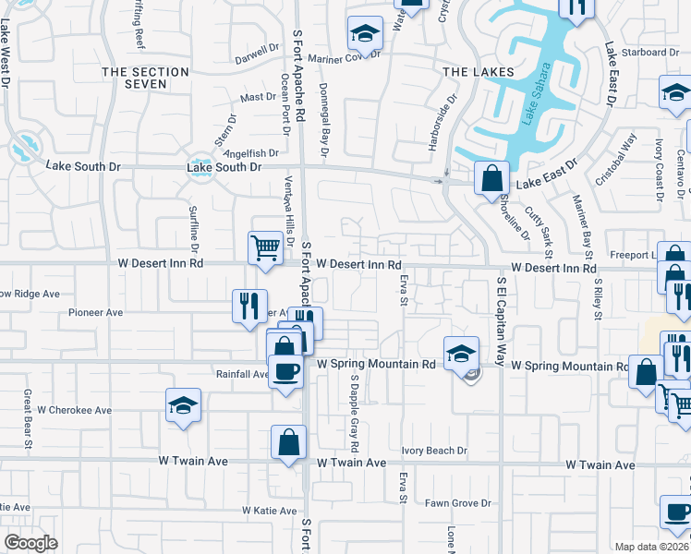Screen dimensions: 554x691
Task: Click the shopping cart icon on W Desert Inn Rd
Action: pos(265,248)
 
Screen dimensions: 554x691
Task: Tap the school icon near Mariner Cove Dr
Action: pos(365,35)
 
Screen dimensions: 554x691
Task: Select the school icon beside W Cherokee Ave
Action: pos(183,405)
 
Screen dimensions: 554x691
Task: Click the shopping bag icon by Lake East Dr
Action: pos(491,177)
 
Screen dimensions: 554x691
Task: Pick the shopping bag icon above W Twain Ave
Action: pos(288,442)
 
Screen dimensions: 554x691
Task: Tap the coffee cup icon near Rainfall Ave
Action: pos(285,372)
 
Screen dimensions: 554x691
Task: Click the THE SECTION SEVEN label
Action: pos(148,78)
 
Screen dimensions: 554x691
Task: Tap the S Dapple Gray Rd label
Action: pos(354,406)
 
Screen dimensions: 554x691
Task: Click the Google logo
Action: pos(30,542)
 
